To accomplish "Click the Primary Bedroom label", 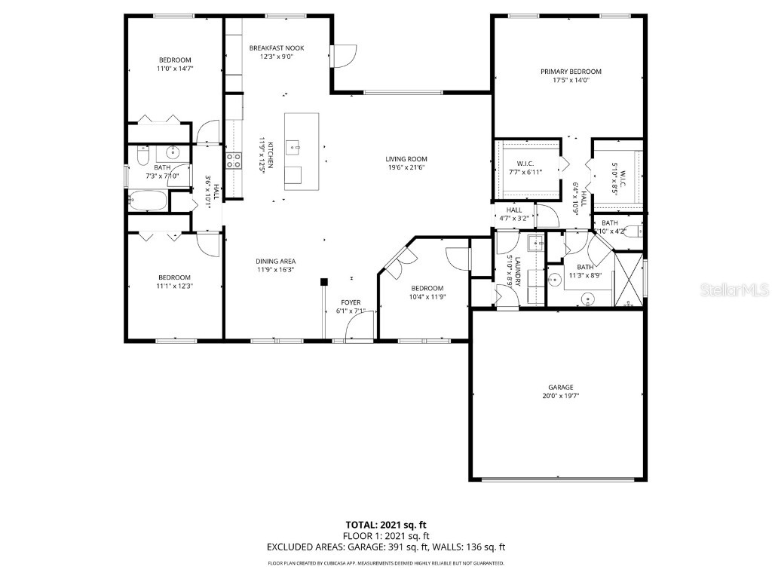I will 571,72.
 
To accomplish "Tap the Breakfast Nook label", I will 277,47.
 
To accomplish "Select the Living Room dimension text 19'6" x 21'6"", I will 406,167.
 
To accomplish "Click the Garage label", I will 560,387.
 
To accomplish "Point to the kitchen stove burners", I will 234,160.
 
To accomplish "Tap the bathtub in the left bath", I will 146,201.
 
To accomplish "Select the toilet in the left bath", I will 142,156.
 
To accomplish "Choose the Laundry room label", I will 515,269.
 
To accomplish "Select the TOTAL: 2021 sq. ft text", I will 386,524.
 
